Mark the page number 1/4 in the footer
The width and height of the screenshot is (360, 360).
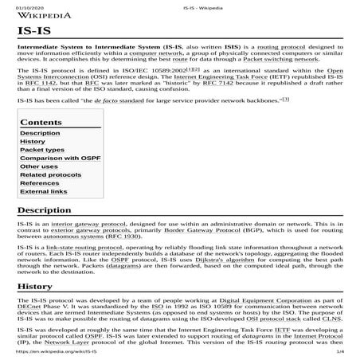pyautogui.click(x=339, y=351)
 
